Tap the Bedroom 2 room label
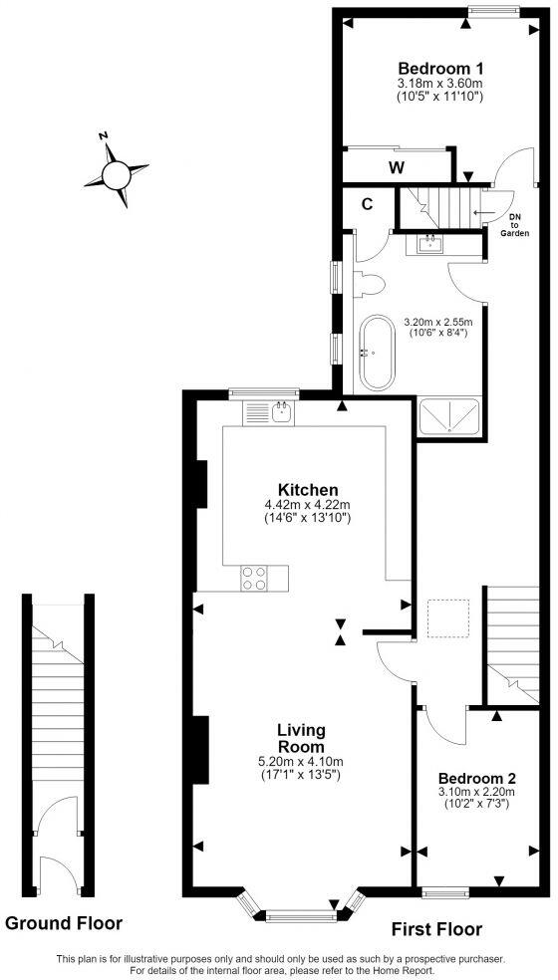click(476, 779)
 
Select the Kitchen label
click(308, 489)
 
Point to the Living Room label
click(301, 738)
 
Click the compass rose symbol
click(117, 174)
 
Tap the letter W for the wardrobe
click(396, 167)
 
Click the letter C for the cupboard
click(368, 204)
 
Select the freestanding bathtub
click(378, 354)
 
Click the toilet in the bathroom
click(368, 285)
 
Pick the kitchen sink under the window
click(283, 412)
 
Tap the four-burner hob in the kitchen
click(255, 578)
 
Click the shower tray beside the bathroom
click(449, 416)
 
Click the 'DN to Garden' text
click(515, 225)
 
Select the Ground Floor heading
click(64, 922)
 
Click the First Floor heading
click(436, 929)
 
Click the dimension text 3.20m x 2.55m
click(437, 323)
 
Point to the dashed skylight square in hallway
click(448, 618)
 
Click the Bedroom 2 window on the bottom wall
click(446, 894)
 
